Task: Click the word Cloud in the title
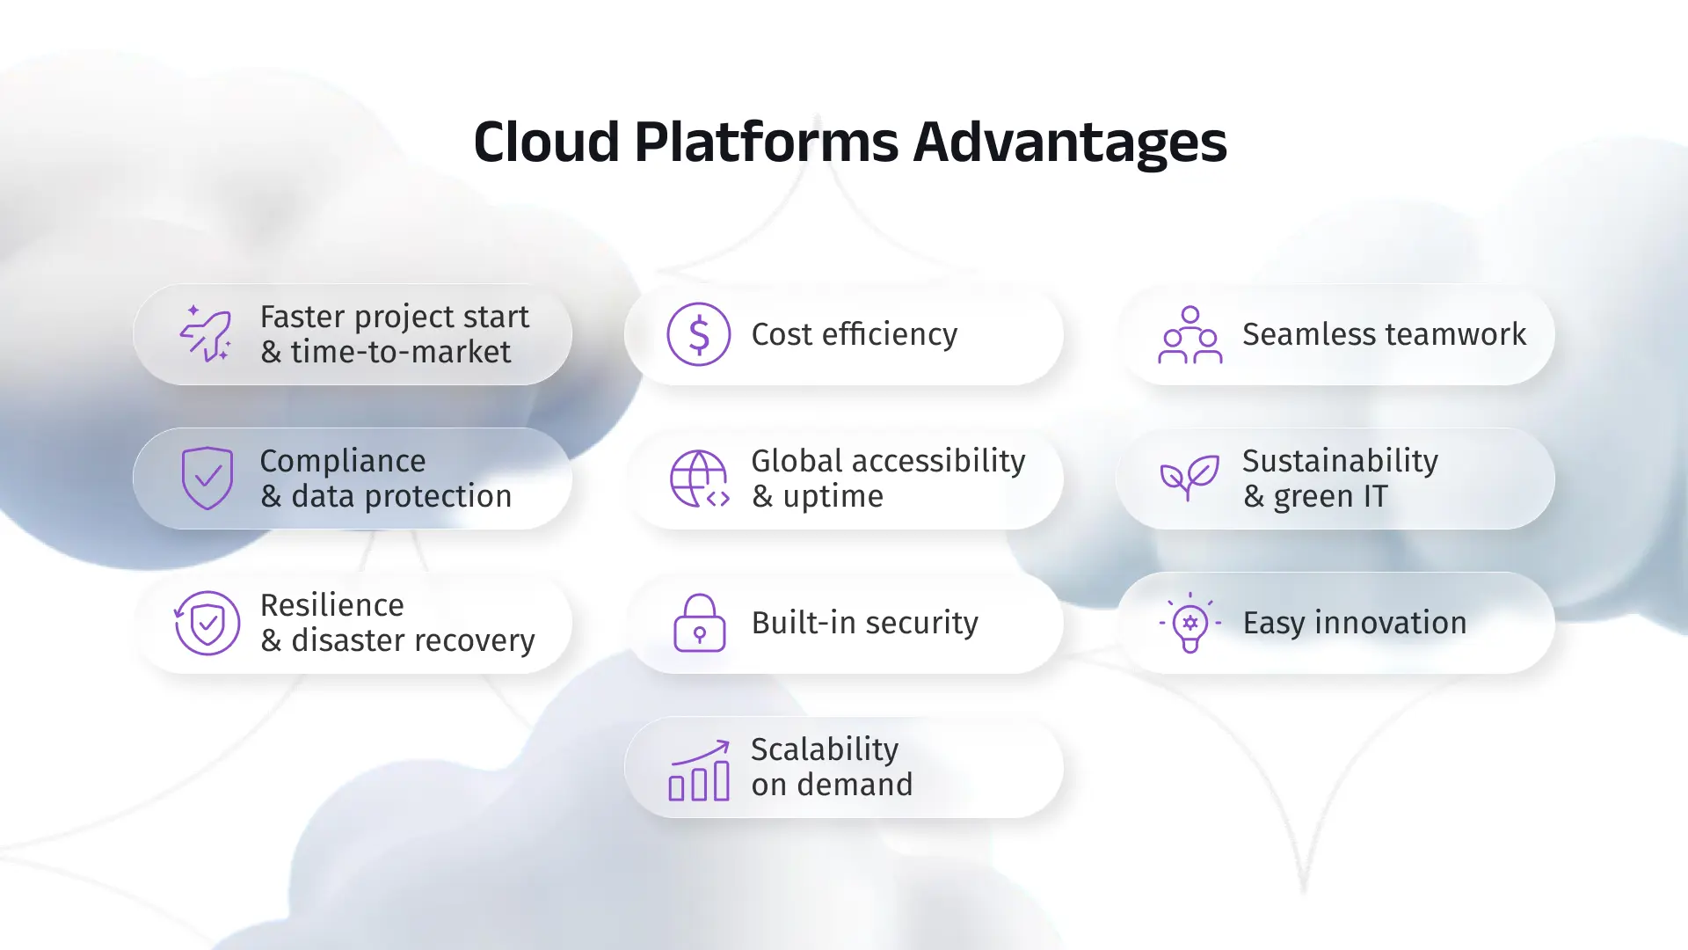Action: click(x=546, y=142)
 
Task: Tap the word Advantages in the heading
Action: click(x=1069, y=142)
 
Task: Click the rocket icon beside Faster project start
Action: click(x=207, y=334)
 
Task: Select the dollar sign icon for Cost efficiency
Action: click(x=698, y=334)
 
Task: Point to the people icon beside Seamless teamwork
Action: click(x=1190, y=334)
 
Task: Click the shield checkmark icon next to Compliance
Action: click(x=207, y=479)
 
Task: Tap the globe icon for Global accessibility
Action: click(x=699, y=479)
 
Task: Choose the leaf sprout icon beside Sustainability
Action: click(x=1190, y=478)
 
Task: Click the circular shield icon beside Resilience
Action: click(x=207, y=623)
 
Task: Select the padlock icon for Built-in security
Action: click(x=699, y=623)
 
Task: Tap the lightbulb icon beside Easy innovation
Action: click(x=1190, y=623)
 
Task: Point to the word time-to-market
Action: click(x=400, y=353)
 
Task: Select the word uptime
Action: click(x=833, y=497)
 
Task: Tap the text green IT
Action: click(x=1329, y=497)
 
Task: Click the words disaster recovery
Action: click(x=412, y=641)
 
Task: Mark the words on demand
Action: click(x=832, y=785)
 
